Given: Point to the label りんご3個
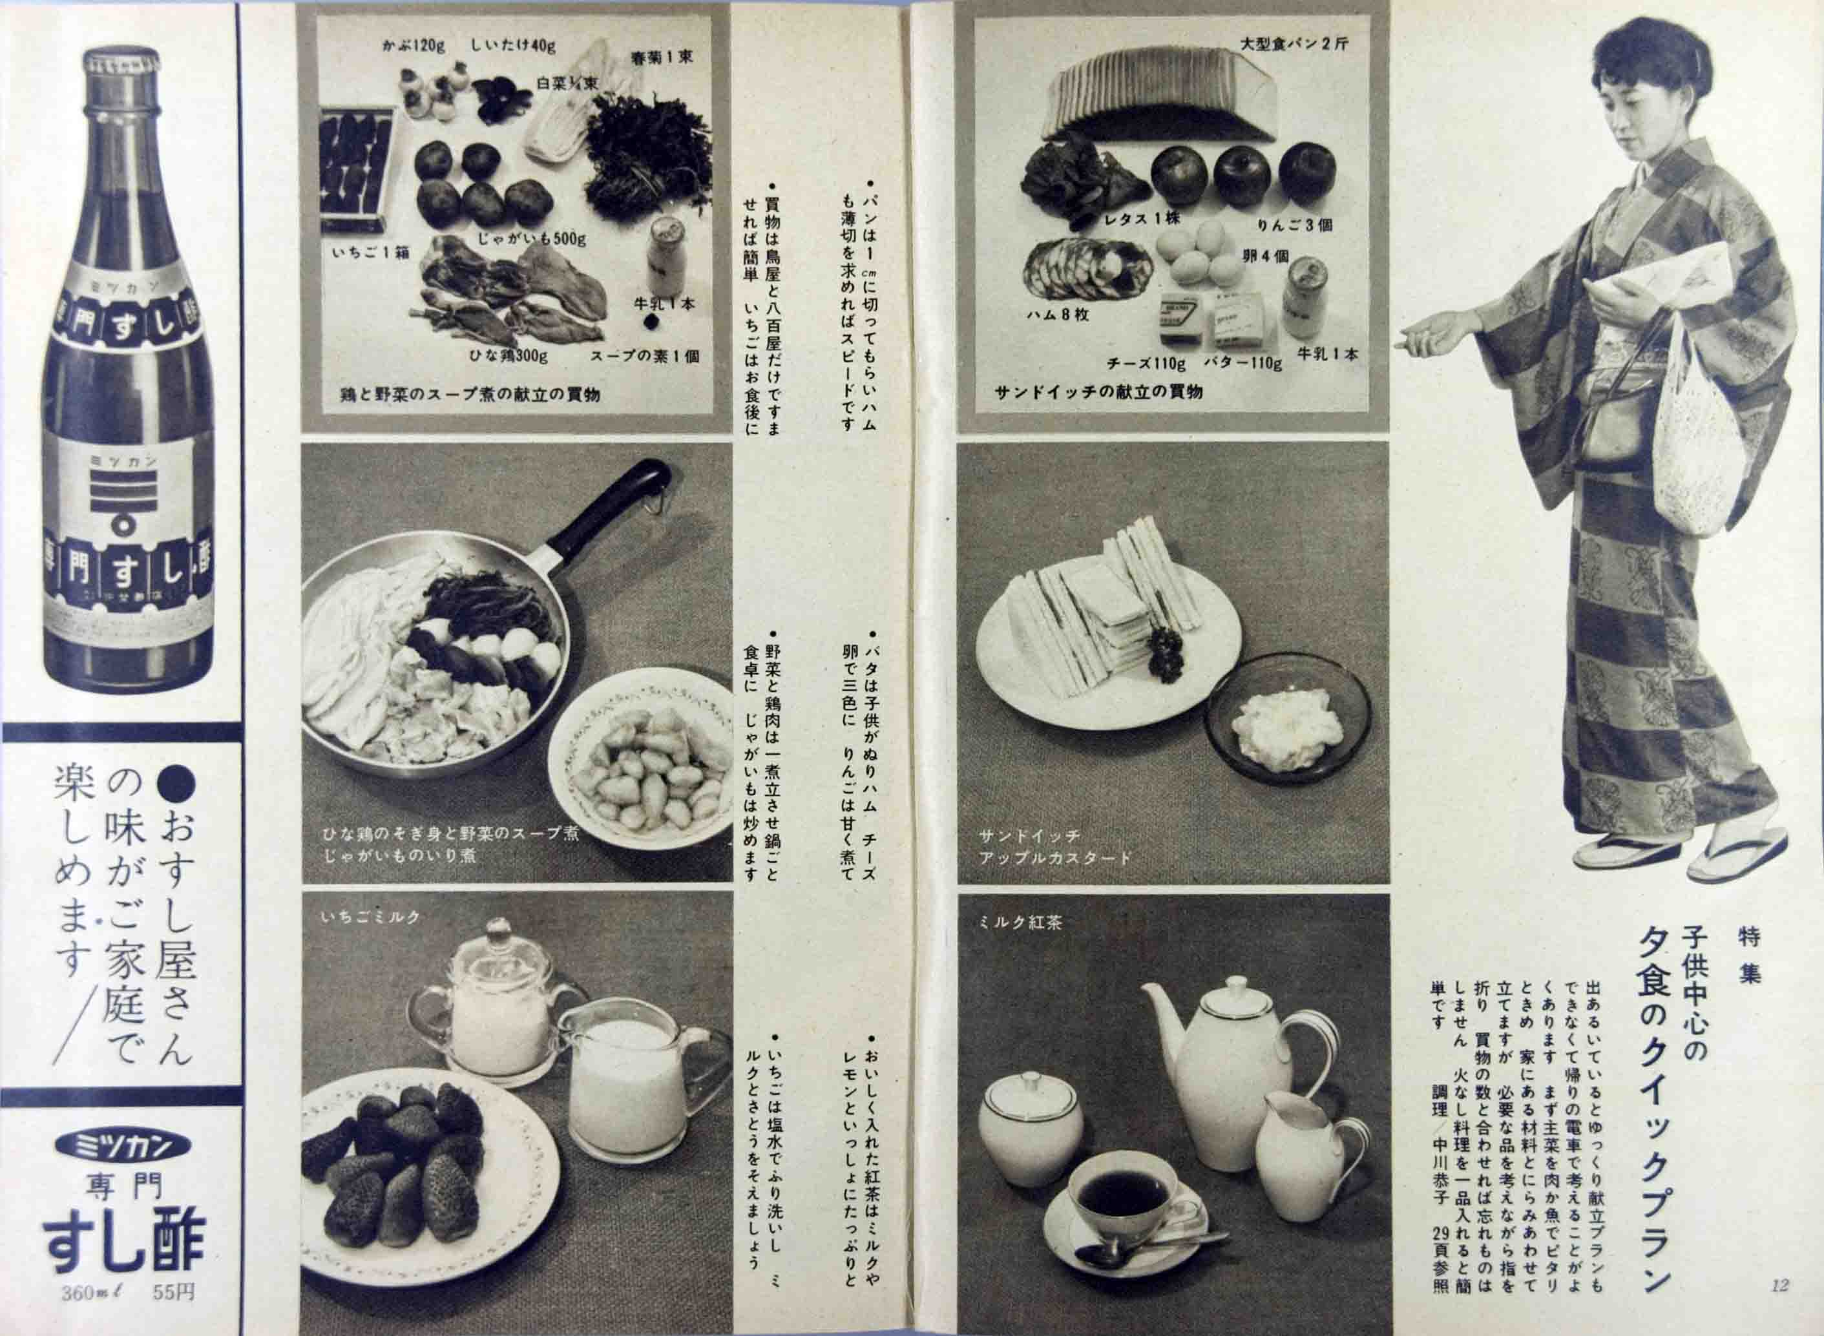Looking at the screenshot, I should pyautogui.click(x=1294, y=225).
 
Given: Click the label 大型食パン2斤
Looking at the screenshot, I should pyautogui.click(x=1294, y=45).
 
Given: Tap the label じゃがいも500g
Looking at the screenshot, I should pyautogui.click(x=530, y=240).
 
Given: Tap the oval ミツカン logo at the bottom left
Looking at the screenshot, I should pyautogui.click(x=122, y=1144).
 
